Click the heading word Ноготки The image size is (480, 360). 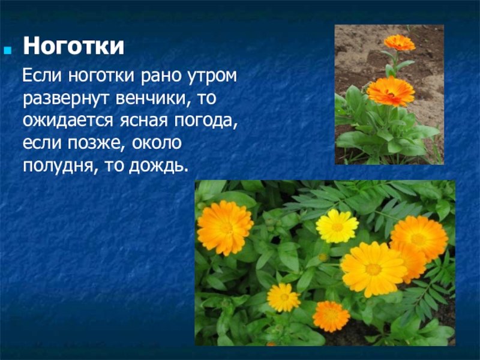point(74,46)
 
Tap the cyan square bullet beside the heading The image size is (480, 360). point(8,50)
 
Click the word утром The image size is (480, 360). point(211,77)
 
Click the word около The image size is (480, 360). point(157,143)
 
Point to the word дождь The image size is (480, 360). point(158,166)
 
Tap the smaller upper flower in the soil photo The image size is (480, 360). point(400,42)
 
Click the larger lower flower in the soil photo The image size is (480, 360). point(391,91)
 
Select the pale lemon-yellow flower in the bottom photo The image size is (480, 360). point(337,226)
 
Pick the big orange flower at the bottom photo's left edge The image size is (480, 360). point(225,228)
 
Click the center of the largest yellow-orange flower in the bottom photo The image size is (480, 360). point(373,269)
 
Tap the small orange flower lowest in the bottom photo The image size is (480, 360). point(331,317)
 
